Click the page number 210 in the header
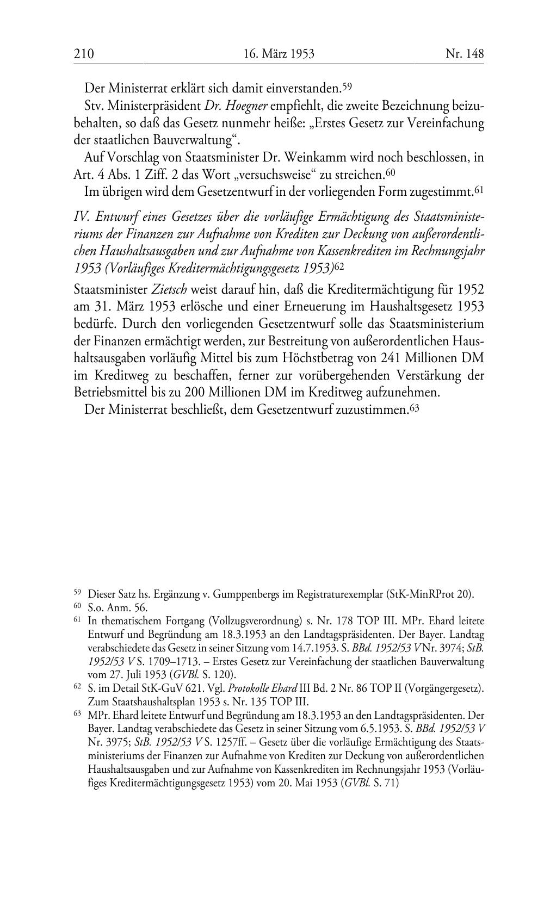84,53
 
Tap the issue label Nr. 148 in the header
464,53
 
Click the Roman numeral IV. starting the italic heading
82,217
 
